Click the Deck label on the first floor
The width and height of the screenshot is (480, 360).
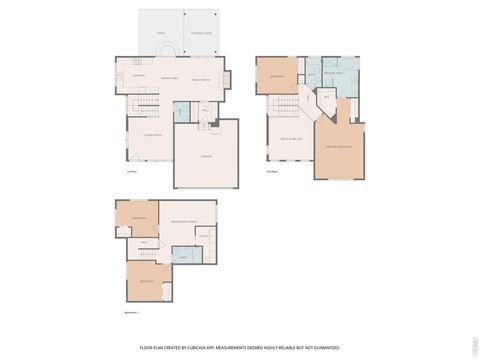(x=160, y=33)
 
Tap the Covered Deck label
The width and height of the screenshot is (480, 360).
(x=200, y=33)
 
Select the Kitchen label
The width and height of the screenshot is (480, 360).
(x=139, y=75)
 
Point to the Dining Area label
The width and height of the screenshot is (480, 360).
(x=170, y=79)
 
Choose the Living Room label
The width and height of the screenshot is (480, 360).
(x=152, y=133)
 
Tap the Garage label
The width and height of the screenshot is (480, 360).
(x=207, y=155)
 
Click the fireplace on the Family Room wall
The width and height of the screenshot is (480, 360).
(x=226, y=78)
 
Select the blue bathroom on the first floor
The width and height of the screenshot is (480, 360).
(x=181, y=112)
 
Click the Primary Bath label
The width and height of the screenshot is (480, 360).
(x=333, y=73)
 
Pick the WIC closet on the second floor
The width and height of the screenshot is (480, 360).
(x=326, y=96)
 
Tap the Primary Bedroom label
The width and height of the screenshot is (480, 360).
(x=338, y=146)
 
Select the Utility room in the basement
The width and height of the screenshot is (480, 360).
(x=203, y=236)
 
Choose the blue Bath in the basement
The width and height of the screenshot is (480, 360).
(x=184, y=256)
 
